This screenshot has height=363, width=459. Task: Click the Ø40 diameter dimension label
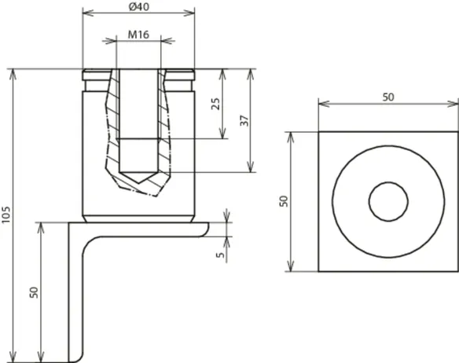pyautogui.click(x=139, y=6)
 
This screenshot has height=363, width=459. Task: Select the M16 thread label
pyautogui.click(x=139, y=35)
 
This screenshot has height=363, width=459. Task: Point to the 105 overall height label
pyautogui.click(x=6, y=214)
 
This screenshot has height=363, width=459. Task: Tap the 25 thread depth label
pyautogui.click(x=215, y=104)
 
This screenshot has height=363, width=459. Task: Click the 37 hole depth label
pyautogui.click(x=244, y=121)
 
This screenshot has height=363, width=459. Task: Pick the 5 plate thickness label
pyautogui.click(x=220, y=255)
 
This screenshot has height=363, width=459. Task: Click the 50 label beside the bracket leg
pyautogui.click(x=34, y=292)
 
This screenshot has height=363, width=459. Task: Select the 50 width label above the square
pyautogui.click(x=388, y=97)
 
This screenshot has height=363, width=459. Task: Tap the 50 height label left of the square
pyautogui.click(x=284, y=201)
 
